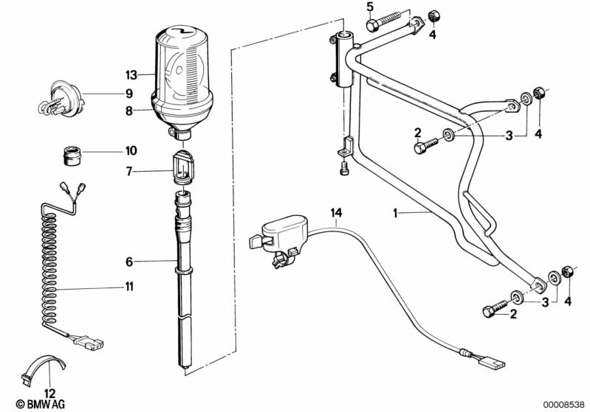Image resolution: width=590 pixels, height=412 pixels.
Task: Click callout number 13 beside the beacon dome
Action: coord(131,75)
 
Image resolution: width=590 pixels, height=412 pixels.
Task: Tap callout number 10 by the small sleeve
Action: coord(131,151)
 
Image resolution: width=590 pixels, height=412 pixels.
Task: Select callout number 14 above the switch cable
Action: coord(336,214)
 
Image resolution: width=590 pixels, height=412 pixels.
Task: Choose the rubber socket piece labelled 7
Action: coord(185,168)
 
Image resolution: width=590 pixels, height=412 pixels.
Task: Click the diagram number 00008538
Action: coord(565,403)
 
